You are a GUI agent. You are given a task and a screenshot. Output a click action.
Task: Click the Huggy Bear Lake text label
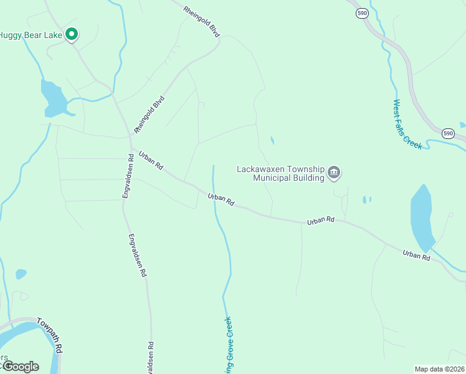(x=31, y=35)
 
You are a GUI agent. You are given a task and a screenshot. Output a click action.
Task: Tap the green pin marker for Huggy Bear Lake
(x=72, y=34)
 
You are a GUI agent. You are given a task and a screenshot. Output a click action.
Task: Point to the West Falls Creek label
(x=407, y=125)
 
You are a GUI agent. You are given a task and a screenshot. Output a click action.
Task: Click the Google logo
(x=20, y=367)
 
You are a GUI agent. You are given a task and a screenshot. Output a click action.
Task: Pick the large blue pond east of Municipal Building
(x=422, y=218)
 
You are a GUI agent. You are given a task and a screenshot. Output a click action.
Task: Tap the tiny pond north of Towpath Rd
(x=21, y=274)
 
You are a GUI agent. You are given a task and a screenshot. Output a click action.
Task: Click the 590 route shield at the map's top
(x=362, y=12)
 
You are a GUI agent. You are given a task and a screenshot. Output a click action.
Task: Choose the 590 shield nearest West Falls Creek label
(x=448, y=133)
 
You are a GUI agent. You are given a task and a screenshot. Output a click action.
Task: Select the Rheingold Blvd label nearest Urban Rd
(x=150, y=113)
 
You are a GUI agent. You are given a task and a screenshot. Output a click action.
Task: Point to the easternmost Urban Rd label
(x=416, y=255)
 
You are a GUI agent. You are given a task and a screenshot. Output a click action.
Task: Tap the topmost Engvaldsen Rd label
(x=128, y=177)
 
